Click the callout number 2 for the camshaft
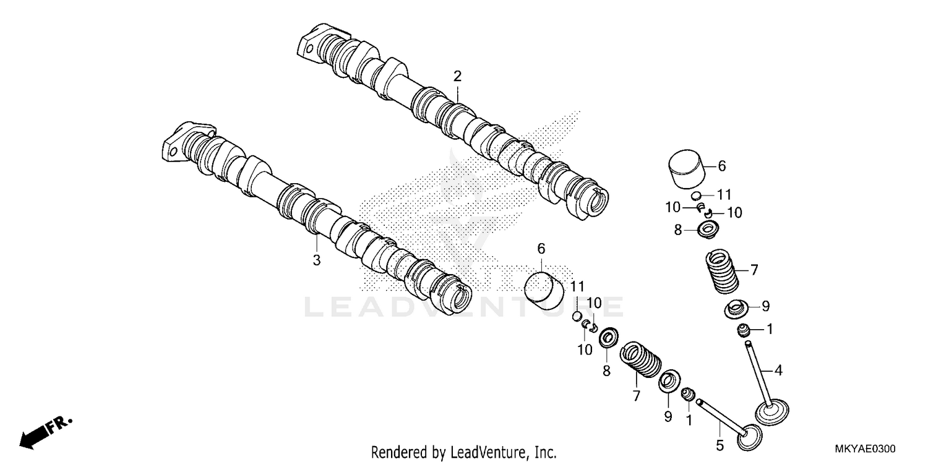pos(457,77)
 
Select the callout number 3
pos(316,260)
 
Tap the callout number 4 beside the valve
pos(778,371)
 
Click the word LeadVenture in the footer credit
pos(480,452)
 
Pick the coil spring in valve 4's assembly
pos(723,270)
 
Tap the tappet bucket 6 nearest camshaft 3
pos(544,288)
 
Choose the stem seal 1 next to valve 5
pos(688,395)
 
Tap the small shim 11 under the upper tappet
pos(696,195)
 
